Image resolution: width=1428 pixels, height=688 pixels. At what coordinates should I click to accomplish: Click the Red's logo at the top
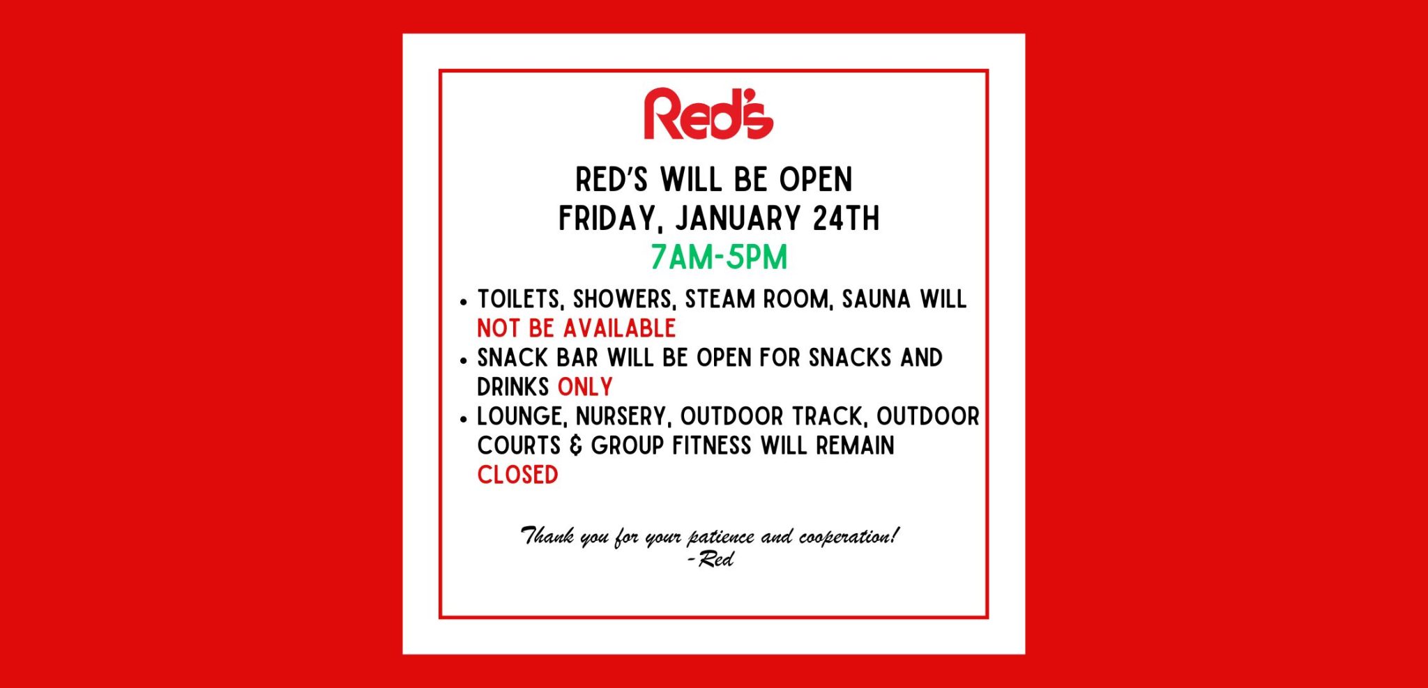pyautogui.click(x=708, y=114)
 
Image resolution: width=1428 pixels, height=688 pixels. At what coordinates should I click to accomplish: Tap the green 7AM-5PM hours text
pyautogui.click(x=719, y=257)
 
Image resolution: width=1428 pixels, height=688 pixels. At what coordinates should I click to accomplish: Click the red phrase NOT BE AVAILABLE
pyautogui.click(x=577, y=328)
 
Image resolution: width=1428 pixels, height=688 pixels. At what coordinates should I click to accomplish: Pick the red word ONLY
pyautogui.click(x=585, y=387)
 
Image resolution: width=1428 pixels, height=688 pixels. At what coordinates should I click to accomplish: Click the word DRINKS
pyautogui.click(x=513, y=387)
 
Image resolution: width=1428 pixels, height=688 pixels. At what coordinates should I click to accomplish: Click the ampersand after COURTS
pyautogui.click(x=576, y=445)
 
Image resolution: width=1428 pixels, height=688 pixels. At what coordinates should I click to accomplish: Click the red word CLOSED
pyautogui.click(x=517, y=475)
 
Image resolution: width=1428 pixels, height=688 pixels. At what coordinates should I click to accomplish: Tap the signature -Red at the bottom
pyautogui.click(x=711, y=559)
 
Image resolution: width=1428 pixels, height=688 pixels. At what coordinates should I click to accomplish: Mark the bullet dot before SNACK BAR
pyautogui.click(x=464, y=360)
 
